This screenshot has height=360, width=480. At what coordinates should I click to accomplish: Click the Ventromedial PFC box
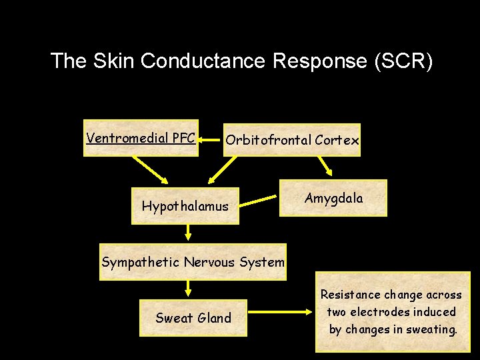(x=141, y=138)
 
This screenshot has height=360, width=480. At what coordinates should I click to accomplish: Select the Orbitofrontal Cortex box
(x=292, y=140)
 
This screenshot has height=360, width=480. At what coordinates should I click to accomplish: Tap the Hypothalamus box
(x=185, y=207)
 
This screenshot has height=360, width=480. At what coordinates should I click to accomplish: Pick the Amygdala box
(x=333, y=198)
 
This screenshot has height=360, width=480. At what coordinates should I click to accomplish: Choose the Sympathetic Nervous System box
(x=193, y=262)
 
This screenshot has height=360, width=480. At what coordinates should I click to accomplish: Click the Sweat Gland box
(x=193, y=318)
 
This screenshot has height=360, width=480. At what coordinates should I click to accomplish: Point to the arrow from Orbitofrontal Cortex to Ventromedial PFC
(x=211, y=140)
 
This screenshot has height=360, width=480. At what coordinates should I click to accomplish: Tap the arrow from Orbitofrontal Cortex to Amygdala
(x=325, y=166)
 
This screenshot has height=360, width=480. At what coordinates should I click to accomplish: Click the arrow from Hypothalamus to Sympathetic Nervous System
(x=188, y=232)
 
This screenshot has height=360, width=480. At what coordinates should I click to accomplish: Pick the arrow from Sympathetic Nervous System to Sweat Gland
(x=188, y=288)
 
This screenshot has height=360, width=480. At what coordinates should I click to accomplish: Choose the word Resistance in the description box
(x=349, y=295)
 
